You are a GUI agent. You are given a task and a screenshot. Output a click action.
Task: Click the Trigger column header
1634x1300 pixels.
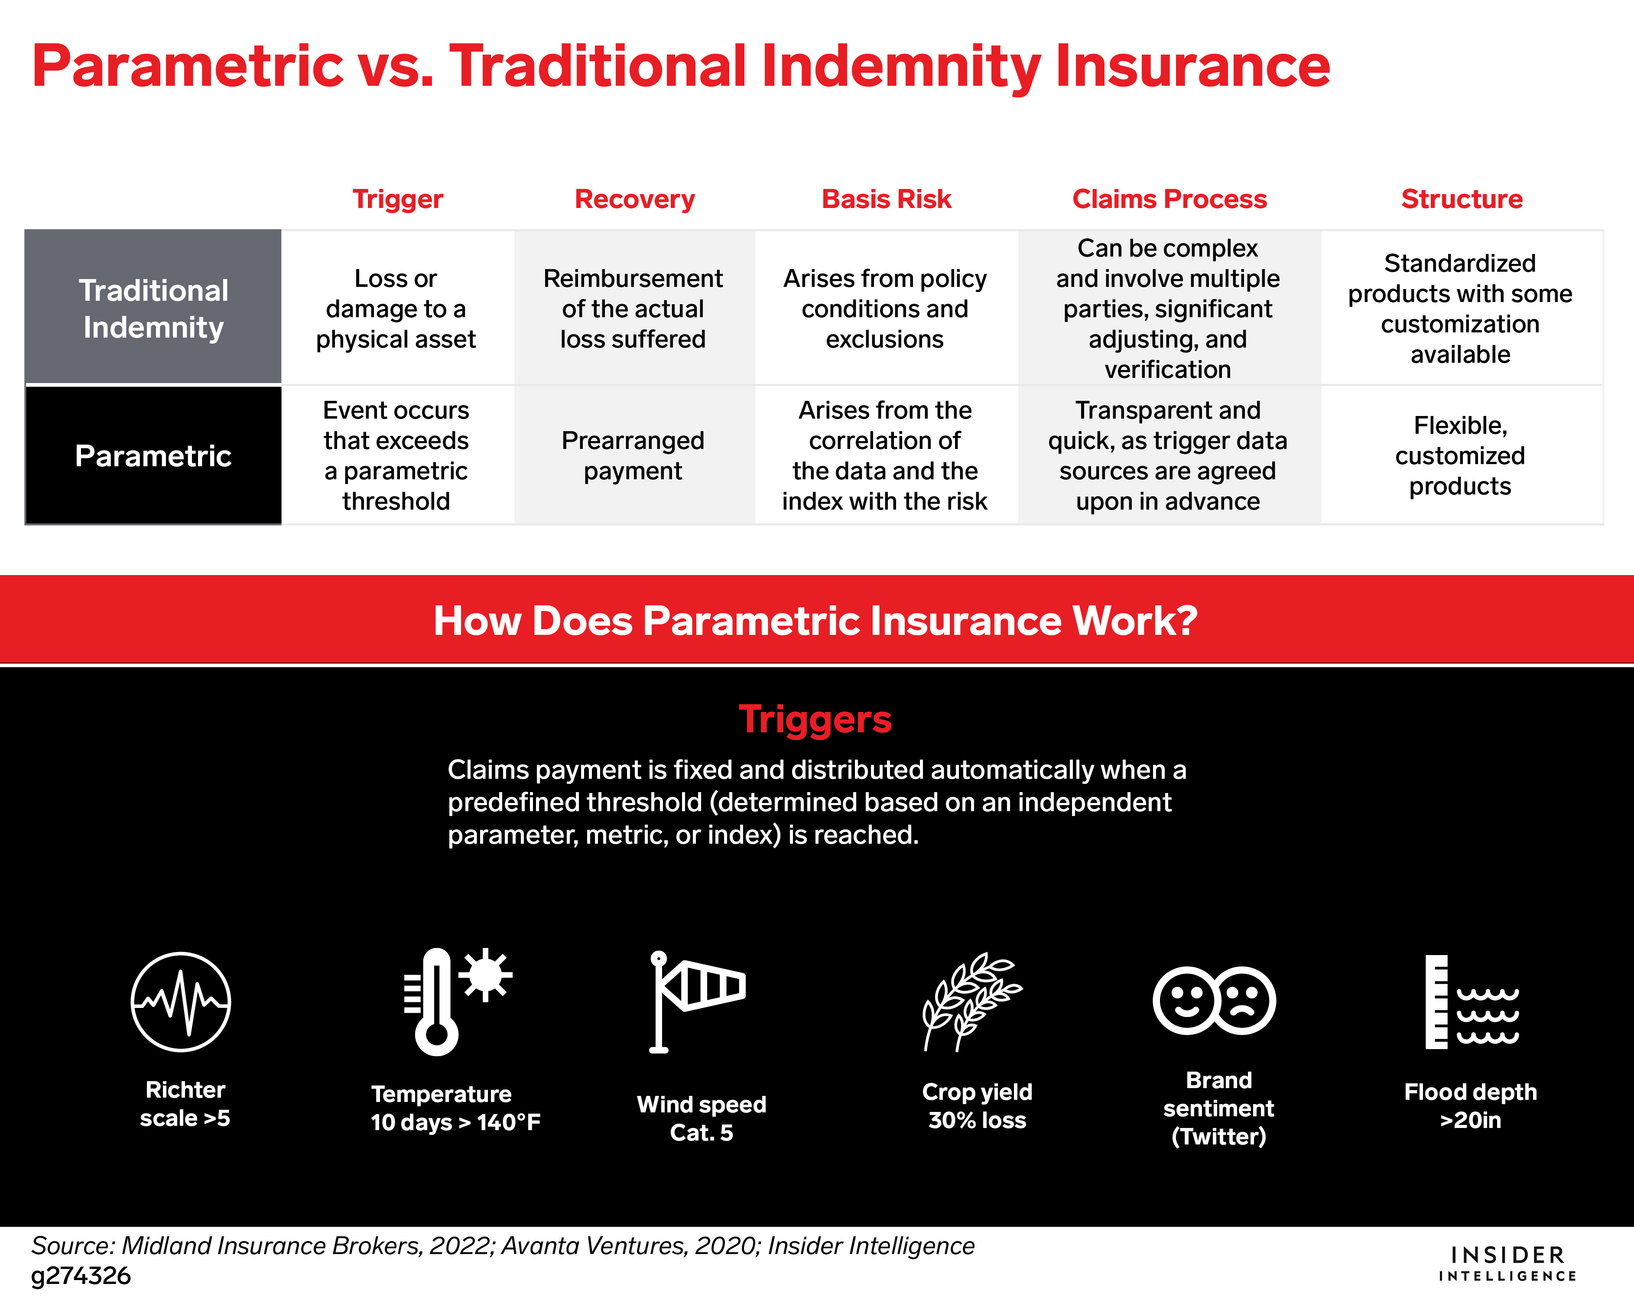point(397,199)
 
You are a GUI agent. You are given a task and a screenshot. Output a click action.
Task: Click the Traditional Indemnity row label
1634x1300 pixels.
point(153,307)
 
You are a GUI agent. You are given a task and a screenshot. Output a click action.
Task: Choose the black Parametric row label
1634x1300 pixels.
point(153,455)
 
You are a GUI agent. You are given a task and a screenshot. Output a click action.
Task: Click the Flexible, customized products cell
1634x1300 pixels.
point(1460,455)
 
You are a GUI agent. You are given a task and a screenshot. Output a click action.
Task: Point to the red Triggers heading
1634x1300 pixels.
point(815,718)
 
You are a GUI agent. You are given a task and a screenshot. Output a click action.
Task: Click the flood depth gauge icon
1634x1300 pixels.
point(1471,1001)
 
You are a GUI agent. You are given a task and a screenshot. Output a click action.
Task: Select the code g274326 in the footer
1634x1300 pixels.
point(81,1276)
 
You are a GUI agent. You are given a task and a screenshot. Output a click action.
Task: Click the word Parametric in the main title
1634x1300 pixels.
point(188,66)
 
